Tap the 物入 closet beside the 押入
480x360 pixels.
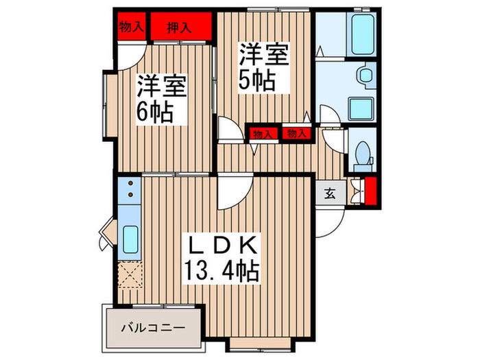pyautogui.click(x=131, y=27)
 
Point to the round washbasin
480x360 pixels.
pyautogui.click(x=363, y=75)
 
